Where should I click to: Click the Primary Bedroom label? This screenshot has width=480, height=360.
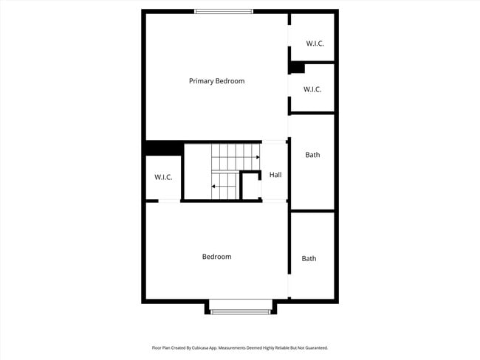tap(216, 81)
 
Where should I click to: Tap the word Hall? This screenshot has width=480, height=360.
tap(275, 175)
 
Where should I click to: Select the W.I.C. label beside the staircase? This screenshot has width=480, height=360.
tap(163, 178)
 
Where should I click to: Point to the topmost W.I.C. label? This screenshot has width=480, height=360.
tap(315, 44)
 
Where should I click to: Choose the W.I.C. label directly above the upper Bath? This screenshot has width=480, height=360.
tap(312, 89)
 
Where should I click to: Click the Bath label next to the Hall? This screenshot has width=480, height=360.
tap(312, 155)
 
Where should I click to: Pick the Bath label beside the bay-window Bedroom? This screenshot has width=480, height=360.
tap(309, 258)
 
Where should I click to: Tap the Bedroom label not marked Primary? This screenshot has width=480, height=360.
tap(216, 257)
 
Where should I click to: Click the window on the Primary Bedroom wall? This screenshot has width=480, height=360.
tap(224, 11)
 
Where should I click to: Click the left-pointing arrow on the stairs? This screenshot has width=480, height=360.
tap(215, 187)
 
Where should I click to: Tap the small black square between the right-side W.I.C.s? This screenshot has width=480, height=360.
tap(297, 68)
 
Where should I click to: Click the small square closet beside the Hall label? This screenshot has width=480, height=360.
tap(251, 186)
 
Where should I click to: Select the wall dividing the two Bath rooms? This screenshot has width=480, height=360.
tap(312, 211)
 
